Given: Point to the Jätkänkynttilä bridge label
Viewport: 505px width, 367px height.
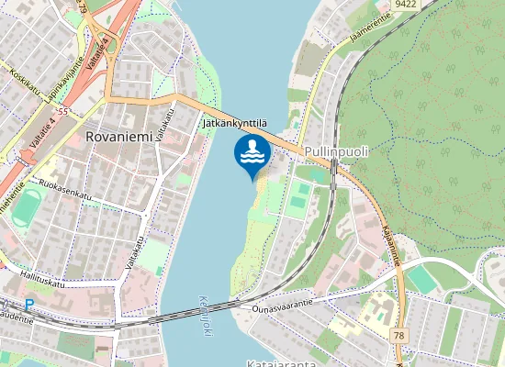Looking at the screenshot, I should tap(234, 122).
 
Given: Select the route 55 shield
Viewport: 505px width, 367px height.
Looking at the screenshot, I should tap(62, 111).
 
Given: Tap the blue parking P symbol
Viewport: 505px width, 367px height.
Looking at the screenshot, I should tap(28, 305).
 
